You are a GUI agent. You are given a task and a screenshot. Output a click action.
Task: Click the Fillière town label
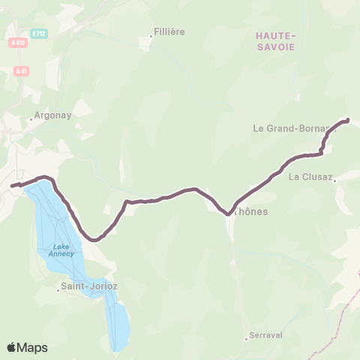coord(169,31)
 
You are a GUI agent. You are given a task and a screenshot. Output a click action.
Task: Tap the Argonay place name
coord(51,117)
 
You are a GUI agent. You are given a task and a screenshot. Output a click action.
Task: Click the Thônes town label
coord(251,211)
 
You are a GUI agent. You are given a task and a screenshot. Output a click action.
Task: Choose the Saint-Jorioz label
coord(91,286)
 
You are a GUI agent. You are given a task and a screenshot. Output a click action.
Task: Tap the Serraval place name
coord(266,335)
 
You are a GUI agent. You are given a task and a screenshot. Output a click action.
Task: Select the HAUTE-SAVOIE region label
coord(275,40)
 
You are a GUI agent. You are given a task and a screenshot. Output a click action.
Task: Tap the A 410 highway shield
coord(14,44)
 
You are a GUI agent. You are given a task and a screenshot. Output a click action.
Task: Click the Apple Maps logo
coord(27,347)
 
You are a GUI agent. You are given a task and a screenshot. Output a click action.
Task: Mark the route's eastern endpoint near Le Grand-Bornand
coord(347,120)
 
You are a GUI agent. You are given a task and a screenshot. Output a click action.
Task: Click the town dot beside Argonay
coord(31,120)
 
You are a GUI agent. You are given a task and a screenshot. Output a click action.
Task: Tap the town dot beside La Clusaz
coord(335,179)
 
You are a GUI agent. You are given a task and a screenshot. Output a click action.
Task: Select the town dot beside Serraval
coord(246,337)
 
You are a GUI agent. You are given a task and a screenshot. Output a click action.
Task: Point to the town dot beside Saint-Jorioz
coord(58,289)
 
